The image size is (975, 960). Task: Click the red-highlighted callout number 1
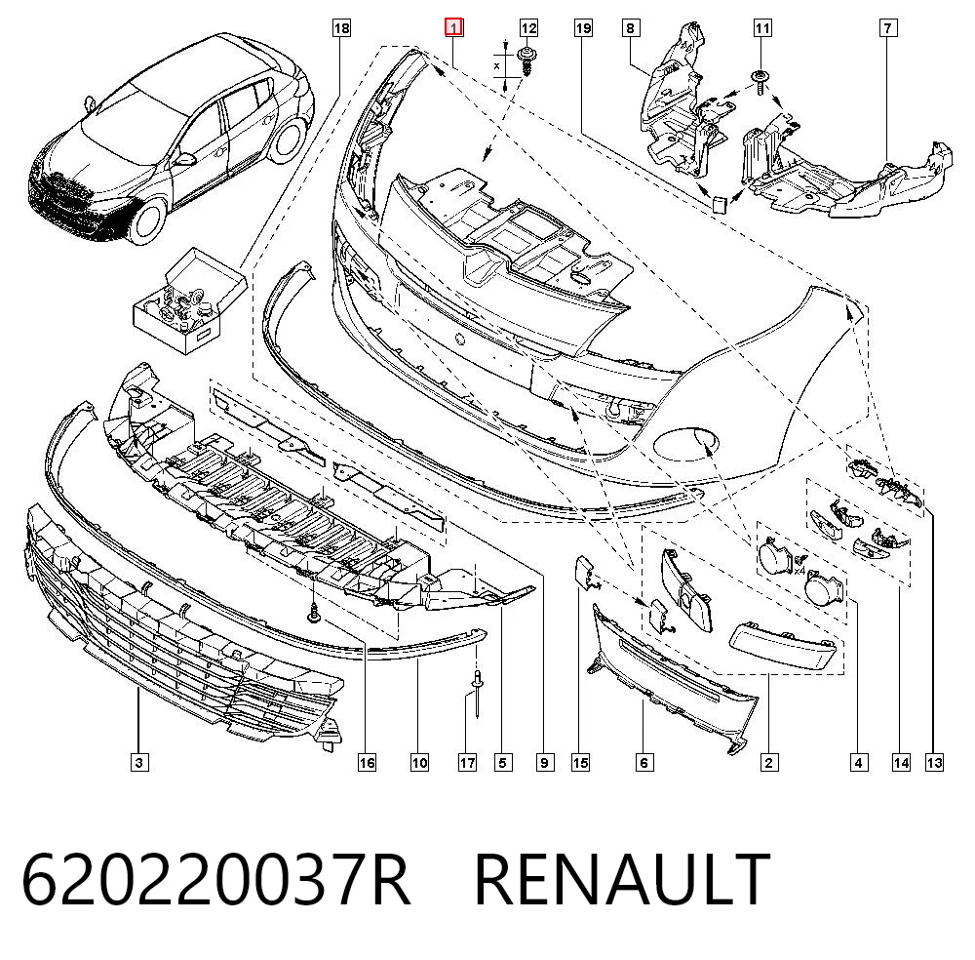(x=453, y=28)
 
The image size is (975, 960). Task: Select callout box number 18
(x=341, y=28)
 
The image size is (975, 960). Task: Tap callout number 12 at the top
(x=527, y=28)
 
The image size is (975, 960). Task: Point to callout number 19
(x=583, y=28)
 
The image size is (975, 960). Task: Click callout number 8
(x=631, y=28)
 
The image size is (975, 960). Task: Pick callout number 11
(x=762, y=28)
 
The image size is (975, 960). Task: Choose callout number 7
(x=888, y=28)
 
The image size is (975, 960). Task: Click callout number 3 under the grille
(x=139, y=762)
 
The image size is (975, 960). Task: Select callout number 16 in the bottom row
(x=367, y=762)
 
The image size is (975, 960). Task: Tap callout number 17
(x=467, y=762)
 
